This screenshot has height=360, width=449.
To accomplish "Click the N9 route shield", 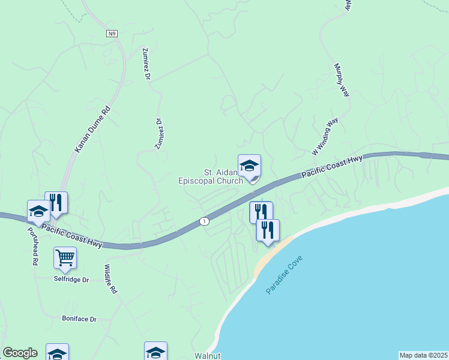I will pyautogui.click(x=112, y=34).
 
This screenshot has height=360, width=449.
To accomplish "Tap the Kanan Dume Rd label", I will pyautogui.click(x=93, y=128).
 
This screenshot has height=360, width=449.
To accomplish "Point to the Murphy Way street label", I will pyautogui.click(x=342, y=80).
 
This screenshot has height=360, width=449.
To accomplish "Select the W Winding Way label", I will pyautogui.click(x=325, y=137).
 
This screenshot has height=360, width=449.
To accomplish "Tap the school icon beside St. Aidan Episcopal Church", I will pyautogui.click(x=249, y=166).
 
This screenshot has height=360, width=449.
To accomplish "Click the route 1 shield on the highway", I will pyautogui.click(x=205, y=221).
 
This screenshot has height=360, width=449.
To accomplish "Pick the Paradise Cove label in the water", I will pyautogui.click(x=285, y=275).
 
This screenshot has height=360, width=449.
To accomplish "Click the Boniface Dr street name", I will pyautogui.click(x=79, y=319).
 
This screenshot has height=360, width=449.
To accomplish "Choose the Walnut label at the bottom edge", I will pyautogui.click(x=208, y=355).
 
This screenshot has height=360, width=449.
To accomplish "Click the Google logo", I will pyautogui.click(x=20, y=353).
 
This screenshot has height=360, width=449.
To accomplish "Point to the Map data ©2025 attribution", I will pyautogui.click(x=423, y=355).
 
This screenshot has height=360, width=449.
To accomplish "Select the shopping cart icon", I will pyautogui.click(x=65, y=258).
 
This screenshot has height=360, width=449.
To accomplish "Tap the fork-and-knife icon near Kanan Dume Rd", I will pyautogui.click(x=56, y=203).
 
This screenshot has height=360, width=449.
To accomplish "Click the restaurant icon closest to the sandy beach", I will pyautogui.click(x=268, y=230).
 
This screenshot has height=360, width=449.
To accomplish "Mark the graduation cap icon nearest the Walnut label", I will pyautogui.click(x=155, y=352).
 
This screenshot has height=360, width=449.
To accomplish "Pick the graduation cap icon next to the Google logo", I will pyautogui.click(x=57, y=353).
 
